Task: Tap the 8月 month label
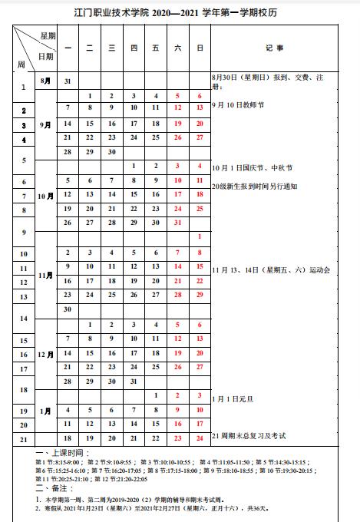(x=45, y=81)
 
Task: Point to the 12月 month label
(x=45, y=354)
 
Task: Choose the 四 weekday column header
(x=134, y=48)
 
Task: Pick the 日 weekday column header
(x=200, y=48)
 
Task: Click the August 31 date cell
(x=68, y=81)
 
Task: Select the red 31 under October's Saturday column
(x=177, y=223)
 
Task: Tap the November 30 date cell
(x=68, y=309)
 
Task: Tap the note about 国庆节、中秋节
(x=250, y=167)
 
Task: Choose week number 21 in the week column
(x=24, y=438)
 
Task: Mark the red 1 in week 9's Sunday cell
(x=200, y=236)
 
